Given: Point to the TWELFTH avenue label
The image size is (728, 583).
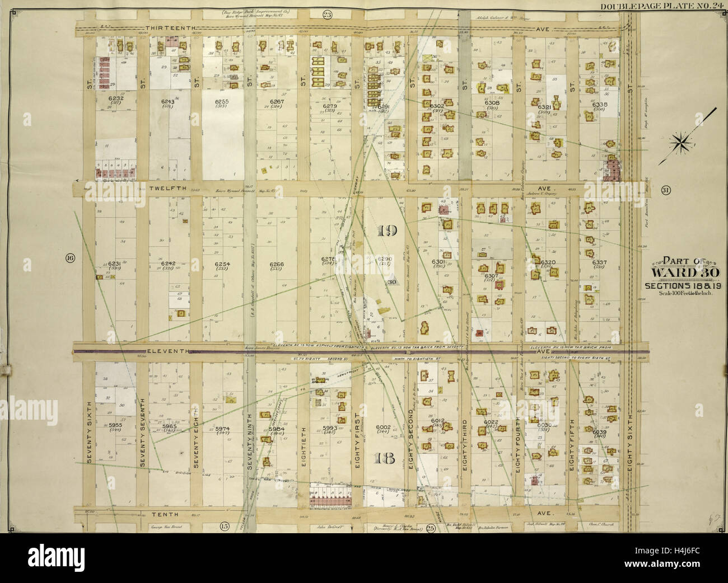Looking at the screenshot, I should click(x=167, y=189).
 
